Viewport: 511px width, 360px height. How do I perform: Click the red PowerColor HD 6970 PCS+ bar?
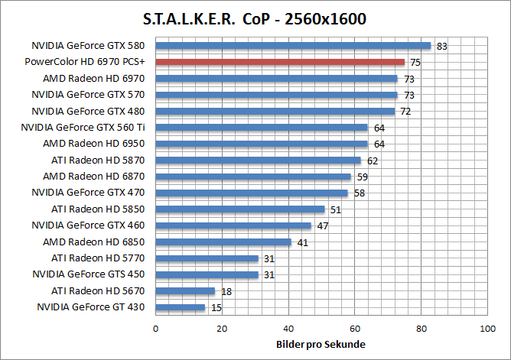click(280, 62)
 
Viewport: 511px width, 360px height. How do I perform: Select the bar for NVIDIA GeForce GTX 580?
click(293, 46)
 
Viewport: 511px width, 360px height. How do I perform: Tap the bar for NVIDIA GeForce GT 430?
click(181, 307)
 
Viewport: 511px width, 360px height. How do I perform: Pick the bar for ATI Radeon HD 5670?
click(185, 291)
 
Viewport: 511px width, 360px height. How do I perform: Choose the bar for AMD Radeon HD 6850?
click(223, 242)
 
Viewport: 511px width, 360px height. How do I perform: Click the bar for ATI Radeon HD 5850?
click(240, 209)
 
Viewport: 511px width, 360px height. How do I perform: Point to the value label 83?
click(441, 47)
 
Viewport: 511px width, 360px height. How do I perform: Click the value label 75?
click(415, 63)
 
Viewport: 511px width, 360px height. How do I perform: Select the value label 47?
click(322, 226)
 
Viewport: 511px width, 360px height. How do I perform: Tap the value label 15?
click(216, 308)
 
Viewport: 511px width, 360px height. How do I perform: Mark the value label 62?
click(373, 161)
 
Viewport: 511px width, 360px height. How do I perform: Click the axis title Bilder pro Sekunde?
click(321, 345)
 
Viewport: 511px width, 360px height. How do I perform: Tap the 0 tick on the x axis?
click(156, 329)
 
